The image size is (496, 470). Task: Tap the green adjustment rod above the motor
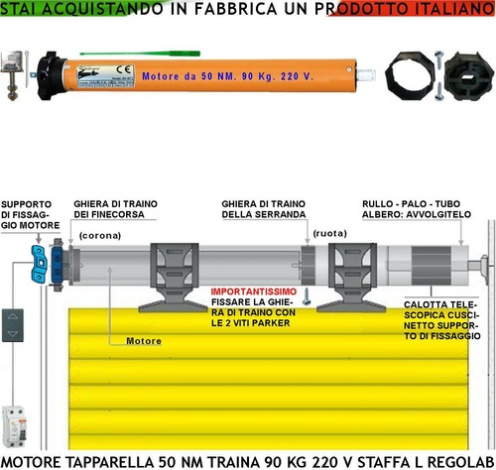(x=140, y=54)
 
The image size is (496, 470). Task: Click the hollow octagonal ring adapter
(x=410, y=75)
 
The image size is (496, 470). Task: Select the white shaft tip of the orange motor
(x=366, y=75)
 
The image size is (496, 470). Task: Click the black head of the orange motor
(x=52, y=76)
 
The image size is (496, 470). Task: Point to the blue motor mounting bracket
(x=39, y=264)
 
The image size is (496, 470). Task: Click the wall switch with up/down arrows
(x=13, y=325)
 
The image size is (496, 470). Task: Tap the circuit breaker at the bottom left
(x=14, y=426)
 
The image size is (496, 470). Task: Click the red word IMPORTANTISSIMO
(x=254, y=292)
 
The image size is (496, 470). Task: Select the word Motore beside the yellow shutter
(x=144, y=341)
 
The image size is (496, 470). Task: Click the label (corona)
(x=100, y=235)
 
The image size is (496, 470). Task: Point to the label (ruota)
(x=329, y=233)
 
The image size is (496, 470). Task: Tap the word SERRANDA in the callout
(x=281, y=214)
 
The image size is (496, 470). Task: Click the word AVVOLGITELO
(x=438, y=214)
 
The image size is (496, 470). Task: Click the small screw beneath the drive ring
(x=307, y=296)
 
